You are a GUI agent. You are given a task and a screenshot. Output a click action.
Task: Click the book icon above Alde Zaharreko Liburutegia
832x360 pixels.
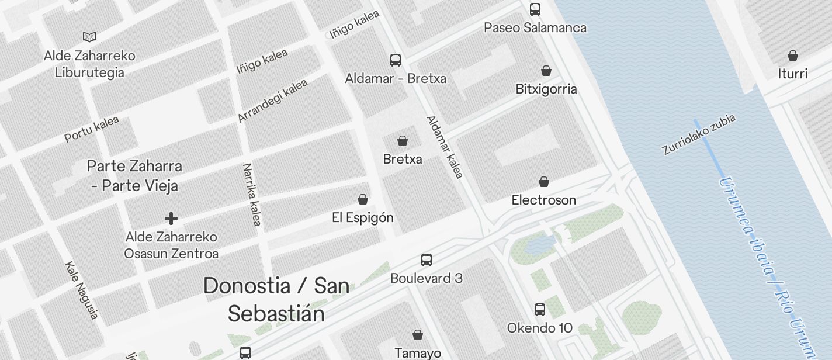coord(89,37)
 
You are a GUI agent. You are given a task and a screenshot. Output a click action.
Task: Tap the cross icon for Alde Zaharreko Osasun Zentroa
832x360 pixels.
coord(171,219)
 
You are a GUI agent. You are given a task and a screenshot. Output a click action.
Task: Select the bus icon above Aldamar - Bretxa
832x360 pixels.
coord(396,60)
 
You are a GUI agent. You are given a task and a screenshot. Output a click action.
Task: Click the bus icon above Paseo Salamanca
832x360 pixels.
coord(535,9)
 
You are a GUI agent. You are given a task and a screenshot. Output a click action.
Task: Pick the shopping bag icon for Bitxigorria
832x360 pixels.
coord(546,71)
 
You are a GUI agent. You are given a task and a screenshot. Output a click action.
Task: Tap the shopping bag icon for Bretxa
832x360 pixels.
coord(403,141)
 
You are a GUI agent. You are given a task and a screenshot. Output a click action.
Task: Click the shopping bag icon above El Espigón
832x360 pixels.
coord(363,199)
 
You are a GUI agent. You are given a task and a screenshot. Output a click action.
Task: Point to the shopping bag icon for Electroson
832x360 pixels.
coord(544,182)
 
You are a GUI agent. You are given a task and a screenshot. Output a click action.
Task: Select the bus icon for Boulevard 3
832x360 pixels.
coord(427,260)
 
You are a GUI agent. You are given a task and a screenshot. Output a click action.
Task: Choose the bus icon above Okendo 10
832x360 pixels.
coord(540,310)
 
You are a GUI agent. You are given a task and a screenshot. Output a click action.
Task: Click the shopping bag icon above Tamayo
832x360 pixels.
coord(418,335)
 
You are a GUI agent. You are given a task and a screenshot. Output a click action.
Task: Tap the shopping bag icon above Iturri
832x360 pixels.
coord(793,56)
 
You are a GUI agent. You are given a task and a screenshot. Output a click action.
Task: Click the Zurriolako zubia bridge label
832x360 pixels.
coord(698,134)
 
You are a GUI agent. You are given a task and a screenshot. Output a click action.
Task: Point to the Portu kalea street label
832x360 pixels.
coord(92,129)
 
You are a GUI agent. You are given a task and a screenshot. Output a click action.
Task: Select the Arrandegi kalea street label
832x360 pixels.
coord(272,101)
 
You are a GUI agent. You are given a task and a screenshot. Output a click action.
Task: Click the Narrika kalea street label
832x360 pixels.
coord(252,195)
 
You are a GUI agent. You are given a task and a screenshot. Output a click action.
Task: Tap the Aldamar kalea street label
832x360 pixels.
coord(445,147)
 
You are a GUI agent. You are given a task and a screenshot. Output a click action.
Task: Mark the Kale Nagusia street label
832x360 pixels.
coord(81,290)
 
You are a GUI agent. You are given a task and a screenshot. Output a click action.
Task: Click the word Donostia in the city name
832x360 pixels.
coord(247,286)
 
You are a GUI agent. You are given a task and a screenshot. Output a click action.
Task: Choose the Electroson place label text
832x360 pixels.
coord(544,200)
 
